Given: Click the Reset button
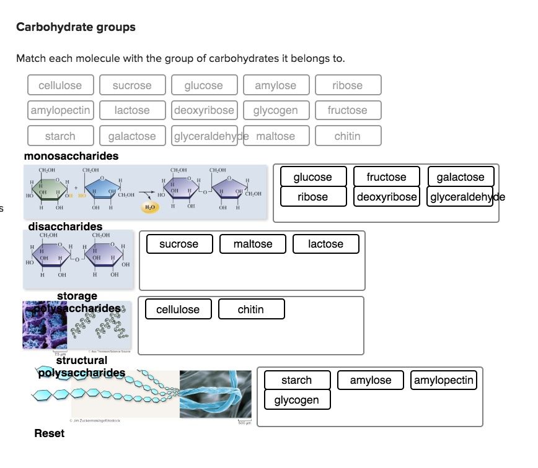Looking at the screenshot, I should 49,433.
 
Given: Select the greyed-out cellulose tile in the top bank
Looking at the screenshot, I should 60,85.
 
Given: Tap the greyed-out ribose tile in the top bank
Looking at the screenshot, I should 347,85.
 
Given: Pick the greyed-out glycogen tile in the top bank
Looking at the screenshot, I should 275,110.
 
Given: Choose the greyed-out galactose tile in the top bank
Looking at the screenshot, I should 132,136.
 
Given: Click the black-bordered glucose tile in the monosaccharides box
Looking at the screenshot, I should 312,177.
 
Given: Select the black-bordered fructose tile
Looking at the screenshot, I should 386,177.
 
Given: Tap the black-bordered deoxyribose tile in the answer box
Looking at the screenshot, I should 386,197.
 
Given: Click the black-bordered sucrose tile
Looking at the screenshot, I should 179,244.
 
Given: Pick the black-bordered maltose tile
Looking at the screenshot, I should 253,244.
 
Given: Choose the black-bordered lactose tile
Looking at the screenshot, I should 325,244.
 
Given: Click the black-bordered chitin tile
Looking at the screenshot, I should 251,310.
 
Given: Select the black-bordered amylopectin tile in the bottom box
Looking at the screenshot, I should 444,380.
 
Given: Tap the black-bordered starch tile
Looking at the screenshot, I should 296,380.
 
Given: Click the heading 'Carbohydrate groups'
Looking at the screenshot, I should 76,27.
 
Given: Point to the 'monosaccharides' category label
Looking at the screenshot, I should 71,156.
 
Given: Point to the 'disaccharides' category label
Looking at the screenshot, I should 65,227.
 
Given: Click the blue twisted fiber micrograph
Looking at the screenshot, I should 215,394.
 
